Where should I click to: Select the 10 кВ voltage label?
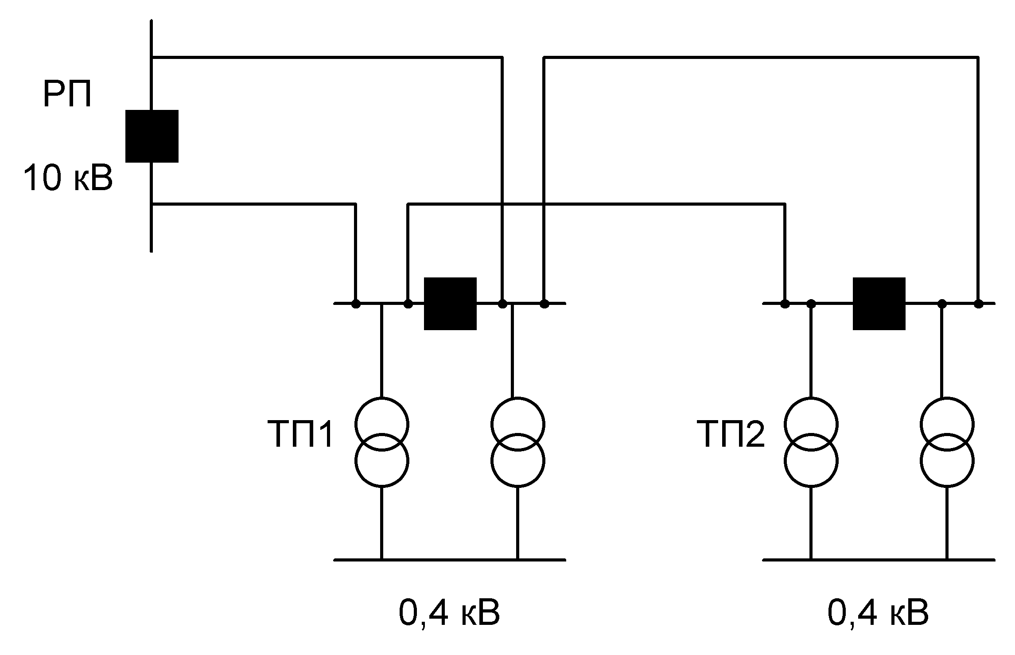[68, 178]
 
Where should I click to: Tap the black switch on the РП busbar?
[152, 136]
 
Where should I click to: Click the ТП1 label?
[300, 435]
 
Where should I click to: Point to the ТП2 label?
[731, 435]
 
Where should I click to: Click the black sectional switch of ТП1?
[450, 304]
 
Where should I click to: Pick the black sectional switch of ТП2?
[879, 304]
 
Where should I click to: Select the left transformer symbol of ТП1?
[381, 442]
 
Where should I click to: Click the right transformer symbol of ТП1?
[517, 442]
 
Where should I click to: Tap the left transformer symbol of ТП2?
[811, 442]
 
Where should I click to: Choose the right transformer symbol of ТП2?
[947, 442]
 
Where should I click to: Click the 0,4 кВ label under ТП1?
[449, 614]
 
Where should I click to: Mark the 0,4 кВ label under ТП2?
[878, 614]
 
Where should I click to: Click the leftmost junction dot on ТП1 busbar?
[355, 304]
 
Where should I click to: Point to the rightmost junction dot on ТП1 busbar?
[544, 304]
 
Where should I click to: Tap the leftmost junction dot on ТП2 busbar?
[785, 304]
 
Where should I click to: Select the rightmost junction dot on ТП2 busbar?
[979, 304]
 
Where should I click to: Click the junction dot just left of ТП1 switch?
[408, 304]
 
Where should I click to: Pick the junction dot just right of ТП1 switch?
[502, 304]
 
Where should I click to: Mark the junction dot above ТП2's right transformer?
[942, 304]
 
